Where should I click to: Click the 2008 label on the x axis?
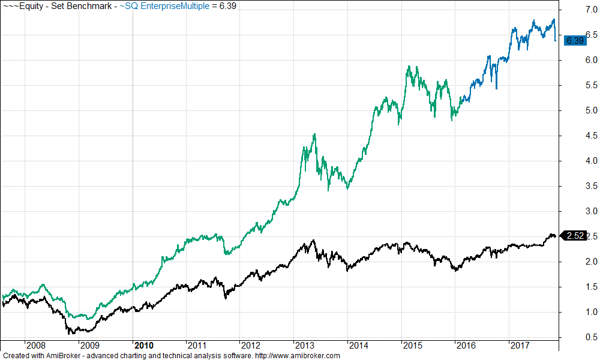(36, 345)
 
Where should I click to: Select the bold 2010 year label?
(144, 345)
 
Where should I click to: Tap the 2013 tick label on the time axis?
(304, 345)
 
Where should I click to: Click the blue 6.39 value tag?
(575, 41)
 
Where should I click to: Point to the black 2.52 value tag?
(575, 236)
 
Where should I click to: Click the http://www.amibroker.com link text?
(298, 355)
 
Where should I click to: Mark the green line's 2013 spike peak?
(314, 134)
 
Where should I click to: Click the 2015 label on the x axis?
(411, 345)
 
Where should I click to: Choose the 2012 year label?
(250, 345)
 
